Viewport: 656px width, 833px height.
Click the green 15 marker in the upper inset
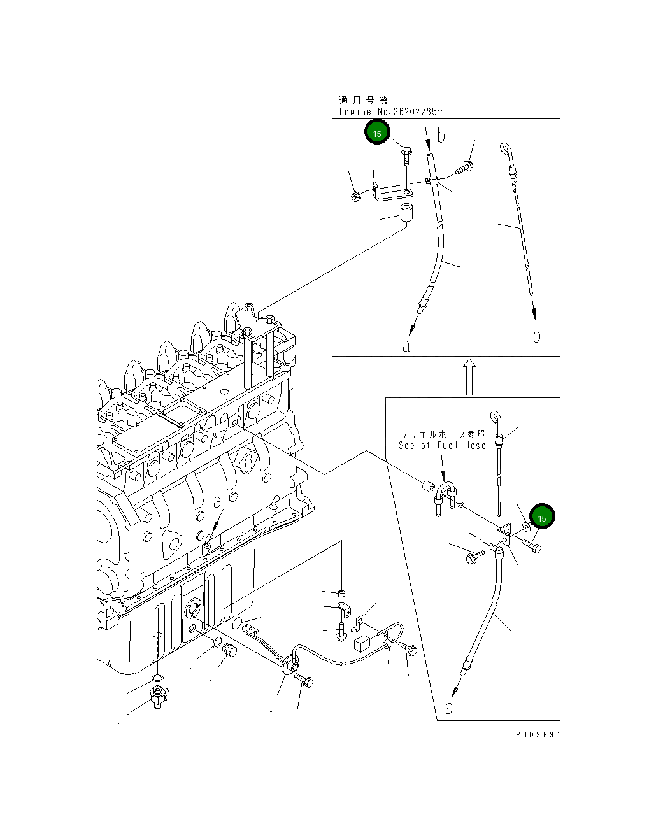coord(377,132)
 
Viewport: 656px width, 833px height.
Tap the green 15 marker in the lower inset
coord(542,516)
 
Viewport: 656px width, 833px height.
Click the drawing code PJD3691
coord(538,734)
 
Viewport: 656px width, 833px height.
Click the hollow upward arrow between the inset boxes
coord(469,376)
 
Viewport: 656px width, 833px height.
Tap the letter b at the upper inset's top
coord(441,136)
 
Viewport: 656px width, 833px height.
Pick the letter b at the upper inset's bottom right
coord(536,335)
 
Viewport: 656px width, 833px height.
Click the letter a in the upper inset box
coord(406,346)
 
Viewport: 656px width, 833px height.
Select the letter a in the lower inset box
coord(449,708)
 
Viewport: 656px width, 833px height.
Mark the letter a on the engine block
coord(217,502)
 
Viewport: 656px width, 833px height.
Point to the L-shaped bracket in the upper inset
coord(393,192)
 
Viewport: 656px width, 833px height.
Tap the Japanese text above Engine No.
coord(363,100)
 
